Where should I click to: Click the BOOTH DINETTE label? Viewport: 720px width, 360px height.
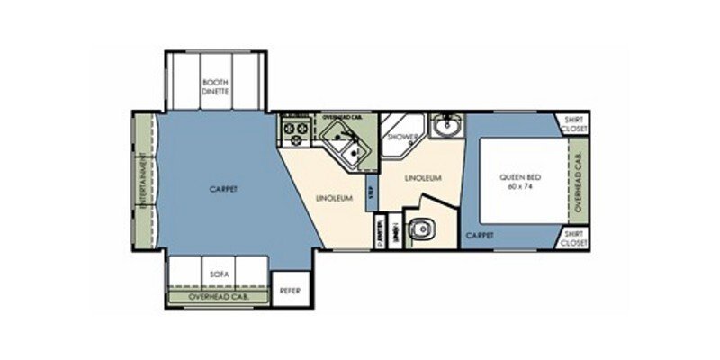point(216,86)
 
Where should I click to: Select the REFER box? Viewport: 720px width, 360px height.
point(289,291)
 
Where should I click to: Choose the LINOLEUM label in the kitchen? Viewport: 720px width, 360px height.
point(333,197)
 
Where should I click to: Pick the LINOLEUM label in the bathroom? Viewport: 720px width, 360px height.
point(423,178)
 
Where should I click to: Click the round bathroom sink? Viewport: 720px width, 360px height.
point(445,129)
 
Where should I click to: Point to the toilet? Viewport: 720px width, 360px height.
point(418,231)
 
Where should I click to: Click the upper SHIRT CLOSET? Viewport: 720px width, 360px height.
point(572,124)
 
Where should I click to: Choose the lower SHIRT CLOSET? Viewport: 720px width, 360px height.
point(572,238)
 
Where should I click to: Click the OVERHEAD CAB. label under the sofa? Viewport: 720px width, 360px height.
point(216,296)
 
